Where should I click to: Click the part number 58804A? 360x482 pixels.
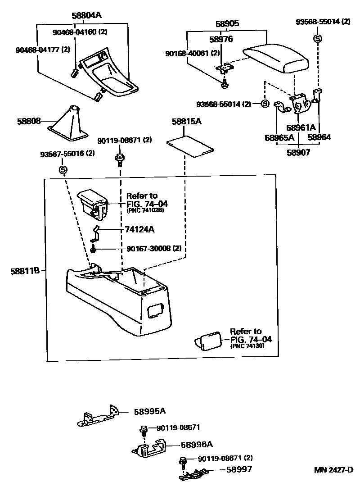86,15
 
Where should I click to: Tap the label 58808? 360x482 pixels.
29,121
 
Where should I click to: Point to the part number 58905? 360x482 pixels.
227,23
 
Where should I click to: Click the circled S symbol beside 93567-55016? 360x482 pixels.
63,170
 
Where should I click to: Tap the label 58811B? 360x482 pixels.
25,271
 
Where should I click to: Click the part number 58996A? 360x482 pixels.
196,445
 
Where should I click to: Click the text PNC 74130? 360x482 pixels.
248,346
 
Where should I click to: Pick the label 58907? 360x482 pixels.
299,152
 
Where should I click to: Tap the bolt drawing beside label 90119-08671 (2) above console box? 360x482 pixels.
120,159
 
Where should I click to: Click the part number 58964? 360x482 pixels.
319,137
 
